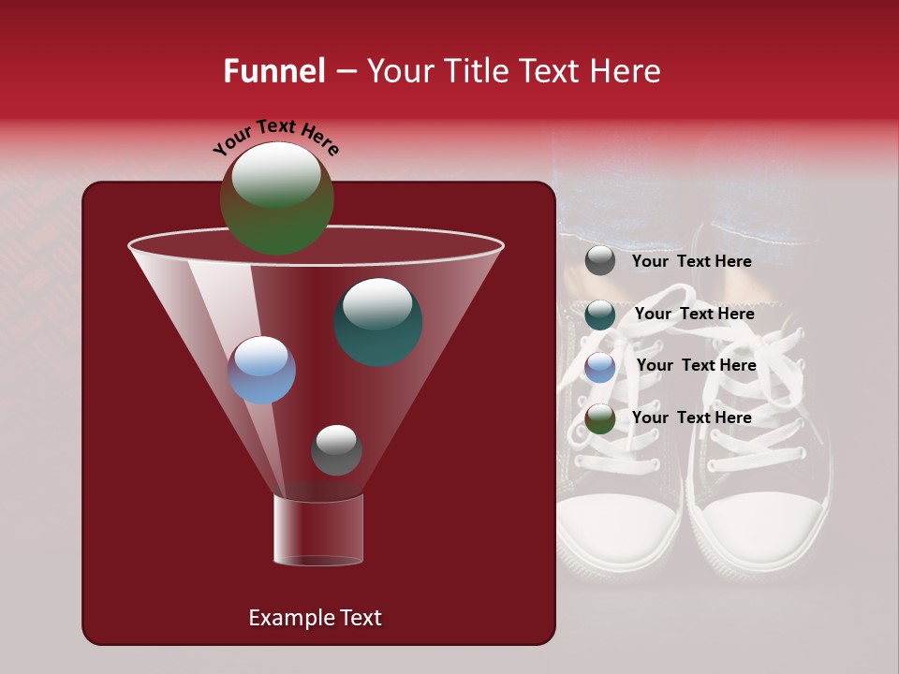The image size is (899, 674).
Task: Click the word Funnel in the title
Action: pyautogui.click(x=274, y=71)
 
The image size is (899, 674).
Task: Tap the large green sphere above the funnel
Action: pyautogui.click(x=276, y=198)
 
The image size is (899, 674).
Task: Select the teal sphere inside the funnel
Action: pyautogui.click(x=378, y=322)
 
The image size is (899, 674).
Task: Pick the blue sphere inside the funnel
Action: pyautogui.click(x=261, y=370)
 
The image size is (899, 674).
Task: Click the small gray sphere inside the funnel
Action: pyautogui.click(x=336, y=450)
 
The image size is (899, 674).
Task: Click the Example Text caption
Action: pyautogui.click(x=315, y=618)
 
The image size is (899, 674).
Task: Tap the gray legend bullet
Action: pyautogui.click(x=600, y=261)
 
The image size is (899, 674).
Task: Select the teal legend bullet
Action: pyautogui.click(x=600, y=315)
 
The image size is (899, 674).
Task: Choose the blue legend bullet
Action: pyautogui.click(x=600, y=366)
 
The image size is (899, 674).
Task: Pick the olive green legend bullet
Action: pyautogui.click(x=600, y=418)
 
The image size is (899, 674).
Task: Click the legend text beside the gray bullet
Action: pyautogui.click(x=691, y=262)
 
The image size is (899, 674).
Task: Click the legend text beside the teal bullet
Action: pyautogui.click(x=694, y=315)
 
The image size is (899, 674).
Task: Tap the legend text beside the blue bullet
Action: pyautogui.click(x=696, y=366)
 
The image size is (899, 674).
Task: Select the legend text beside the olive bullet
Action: pyautogui.click(x=691, y=418)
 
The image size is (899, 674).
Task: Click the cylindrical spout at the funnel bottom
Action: pyautogui.click(x=318, y=529)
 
